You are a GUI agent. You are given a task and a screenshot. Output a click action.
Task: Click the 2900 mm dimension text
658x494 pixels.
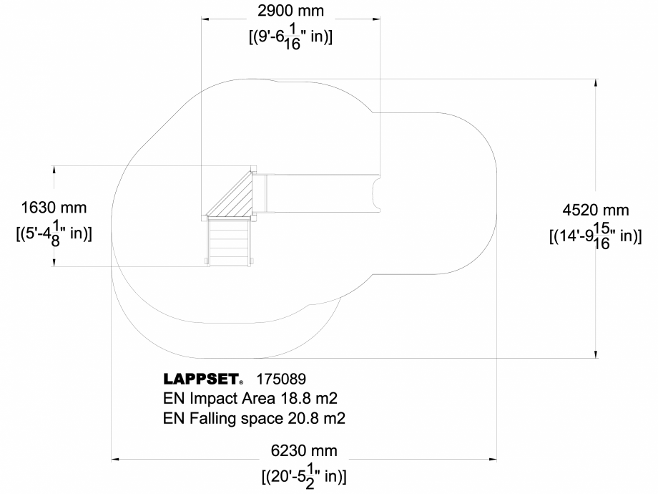click(x=290, y=11)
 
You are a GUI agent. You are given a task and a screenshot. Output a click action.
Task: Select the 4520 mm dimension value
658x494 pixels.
click(x=596, y=210)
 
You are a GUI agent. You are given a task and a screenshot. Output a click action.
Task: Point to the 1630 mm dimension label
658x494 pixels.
click(x=54, y=208)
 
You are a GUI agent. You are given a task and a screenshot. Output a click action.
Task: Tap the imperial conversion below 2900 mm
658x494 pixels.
click(x=290, y=35)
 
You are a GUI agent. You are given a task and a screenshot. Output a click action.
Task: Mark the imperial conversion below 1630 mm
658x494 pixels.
click(x=54, y=233)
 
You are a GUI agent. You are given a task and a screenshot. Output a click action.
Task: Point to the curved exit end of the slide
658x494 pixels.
click(x=376, y=193)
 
